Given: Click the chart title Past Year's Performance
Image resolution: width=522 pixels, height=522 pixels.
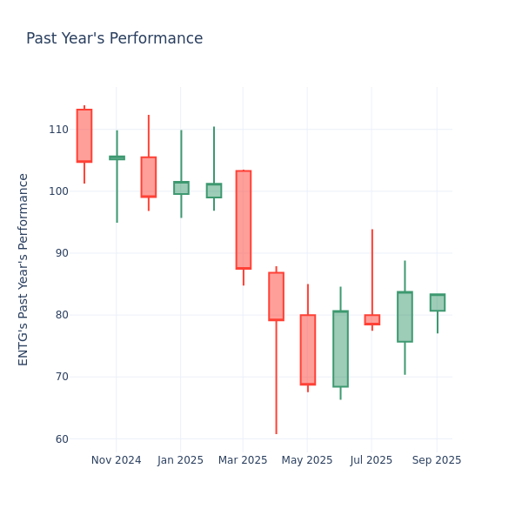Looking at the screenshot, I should [114, 39].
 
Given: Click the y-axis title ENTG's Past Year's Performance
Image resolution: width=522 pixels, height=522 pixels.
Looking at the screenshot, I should [23, 269].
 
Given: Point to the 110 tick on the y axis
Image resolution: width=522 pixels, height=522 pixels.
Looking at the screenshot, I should [58, 130].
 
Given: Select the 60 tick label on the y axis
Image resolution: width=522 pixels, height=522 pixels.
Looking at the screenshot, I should [61, 439].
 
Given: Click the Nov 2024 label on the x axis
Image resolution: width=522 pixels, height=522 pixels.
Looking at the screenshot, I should [116, 460].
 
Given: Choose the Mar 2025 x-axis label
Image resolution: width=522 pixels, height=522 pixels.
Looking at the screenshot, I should [243, 460].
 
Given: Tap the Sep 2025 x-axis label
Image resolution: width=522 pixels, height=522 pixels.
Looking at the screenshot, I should [437, 460].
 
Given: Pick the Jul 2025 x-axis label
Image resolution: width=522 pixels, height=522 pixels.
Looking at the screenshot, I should [371, 460].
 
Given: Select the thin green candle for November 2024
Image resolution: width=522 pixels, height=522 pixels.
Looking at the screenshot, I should [117, 157].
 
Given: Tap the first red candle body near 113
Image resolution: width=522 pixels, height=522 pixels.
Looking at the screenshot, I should [84, 136].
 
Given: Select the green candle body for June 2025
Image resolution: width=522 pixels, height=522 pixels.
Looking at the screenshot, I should [340, 349].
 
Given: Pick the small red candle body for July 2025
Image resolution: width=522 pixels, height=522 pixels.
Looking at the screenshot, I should [372, 319].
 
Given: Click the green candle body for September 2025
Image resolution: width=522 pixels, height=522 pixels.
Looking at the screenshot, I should [437, 303].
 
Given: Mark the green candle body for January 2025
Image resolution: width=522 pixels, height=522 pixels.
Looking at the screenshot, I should [181, 188].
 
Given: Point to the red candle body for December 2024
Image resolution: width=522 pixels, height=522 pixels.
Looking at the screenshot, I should [149, 177].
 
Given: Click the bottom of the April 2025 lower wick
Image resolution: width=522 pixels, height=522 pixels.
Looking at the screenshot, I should [276, 432].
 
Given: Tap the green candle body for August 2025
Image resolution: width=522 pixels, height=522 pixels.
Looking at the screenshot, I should [405, 317].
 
